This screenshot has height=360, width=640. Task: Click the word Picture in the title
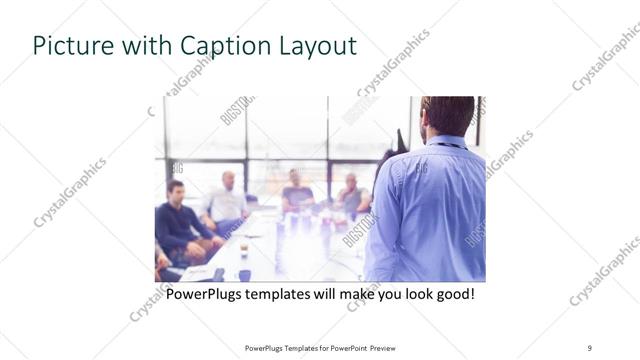point(67,46)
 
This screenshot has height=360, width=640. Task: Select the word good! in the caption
point(452,295)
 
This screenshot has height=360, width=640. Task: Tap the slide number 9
point(590,347)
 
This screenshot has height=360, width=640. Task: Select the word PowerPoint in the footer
point(344,347)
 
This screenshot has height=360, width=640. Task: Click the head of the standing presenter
point(447,116)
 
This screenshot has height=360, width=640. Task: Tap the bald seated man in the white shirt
point(226,200)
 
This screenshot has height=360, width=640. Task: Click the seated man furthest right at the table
point(351,194)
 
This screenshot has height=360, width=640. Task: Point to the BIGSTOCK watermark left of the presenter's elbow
point(357,229)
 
